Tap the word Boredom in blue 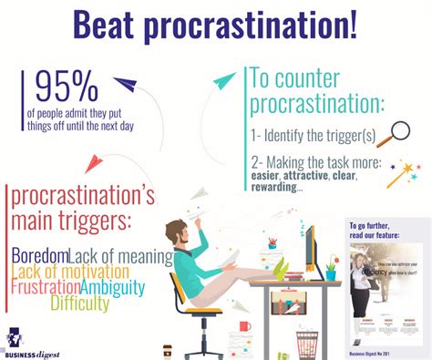(40, 257)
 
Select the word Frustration (46, 288)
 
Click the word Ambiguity (112, 288)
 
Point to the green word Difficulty (79, 303)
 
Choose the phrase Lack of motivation (71, 273)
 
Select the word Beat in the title (108, 26)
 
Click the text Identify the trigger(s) (314, 135)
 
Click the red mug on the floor (244, 326)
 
